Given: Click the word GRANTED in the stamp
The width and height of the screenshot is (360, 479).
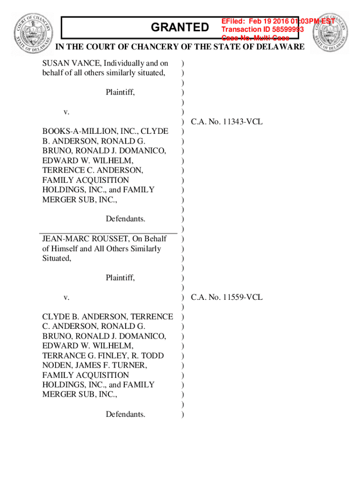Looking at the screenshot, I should point(180,28).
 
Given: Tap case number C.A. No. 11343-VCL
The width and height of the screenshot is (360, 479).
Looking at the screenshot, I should point(227,122).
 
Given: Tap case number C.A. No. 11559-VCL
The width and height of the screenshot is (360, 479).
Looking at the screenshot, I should point(227,297).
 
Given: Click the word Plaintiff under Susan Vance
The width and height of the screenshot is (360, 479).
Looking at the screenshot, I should point(120,92).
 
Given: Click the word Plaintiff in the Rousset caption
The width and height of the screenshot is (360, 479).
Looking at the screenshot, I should point(120,278).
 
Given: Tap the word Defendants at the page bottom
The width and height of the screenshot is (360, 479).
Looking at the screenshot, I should point(125,414).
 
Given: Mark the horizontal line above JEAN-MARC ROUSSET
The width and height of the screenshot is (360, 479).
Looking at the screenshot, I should point(108,232).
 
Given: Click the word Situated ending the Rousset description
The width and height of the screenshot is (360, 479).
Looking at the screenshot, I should point(57,258).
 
